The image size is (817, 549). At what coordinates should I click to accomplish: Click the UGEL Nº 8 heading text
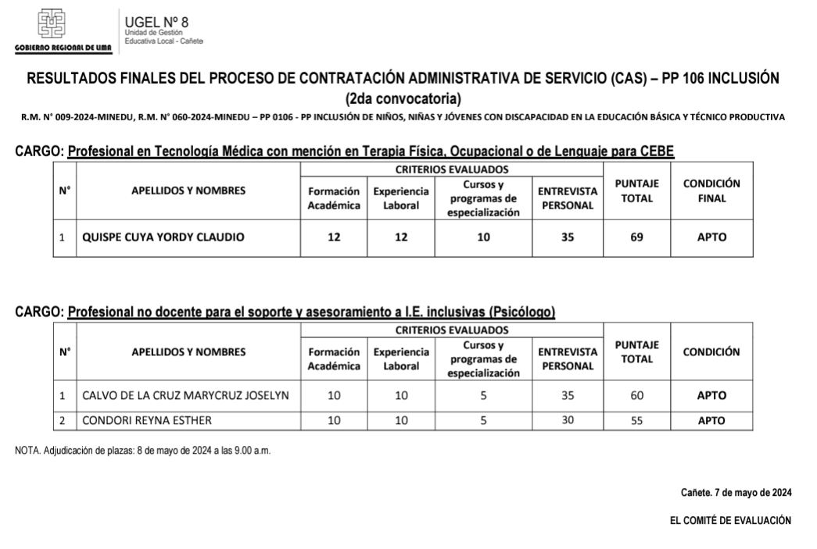(x=156, y=22)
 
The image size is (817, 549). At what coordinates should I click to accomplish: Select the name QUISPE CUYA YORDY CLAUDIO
(x=163, y=238)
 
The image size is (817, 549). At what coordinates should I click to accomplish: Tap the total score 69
(x=636, y=238)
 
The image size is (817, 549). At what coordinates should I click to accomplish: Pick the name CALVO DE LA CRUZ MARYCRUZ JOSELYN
(x=185, y=396)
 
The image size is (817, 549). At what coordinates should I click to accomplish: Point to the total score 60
(x=636, y=396)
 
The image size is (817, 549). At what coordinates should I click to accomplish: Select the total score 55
(x=636, y=421)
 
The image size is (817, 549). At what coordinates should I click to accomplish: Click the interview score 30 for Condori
(x=568, y=420)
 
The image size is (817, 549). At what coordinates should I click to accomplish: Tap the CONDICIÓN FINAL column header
(x=711, y=191)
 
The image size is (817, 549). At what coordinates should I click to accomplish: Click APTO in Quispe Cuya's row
(x=711, y=238)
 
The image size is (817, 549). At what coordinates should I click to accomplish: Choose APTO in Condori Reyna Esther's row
(x=711, y=421)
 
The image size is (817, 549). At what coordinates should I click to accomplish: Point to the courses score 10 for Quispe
(x=483, y=238)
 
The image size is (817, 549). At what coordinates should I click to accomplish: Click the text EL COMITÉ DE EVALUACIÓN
(x=730, y=520)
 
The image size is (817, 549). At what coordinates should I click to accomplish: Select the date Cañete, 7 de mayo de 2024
(x=736, y=493)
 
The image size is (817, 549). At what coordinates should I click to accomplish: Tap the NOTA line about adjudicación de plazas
(x=143, y=451)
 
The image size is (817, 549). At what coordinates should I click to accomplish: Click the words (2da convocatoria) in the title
(x=403, y=98)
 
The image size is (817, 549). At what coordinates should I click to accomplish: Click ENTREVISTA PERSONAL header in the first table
(x=568, y=198)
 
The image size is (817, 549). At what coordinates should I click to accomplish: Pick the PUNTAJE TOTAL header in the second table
(x=636, y=351)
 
